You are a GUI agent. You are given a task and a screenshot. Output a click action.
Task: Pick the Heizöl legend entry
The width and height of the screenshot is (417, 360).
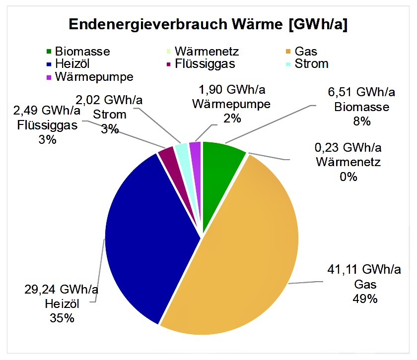[72, 64]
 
